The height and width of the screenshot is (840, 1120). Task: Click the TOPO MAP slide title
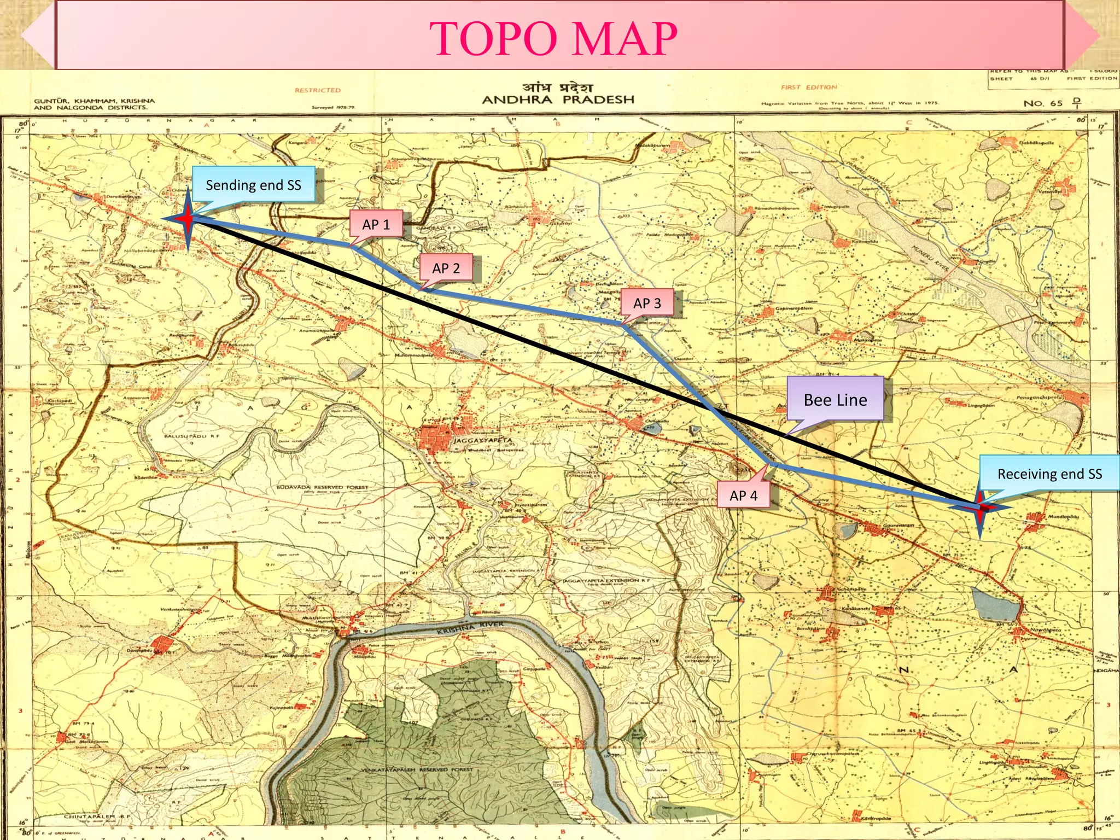[553, 38]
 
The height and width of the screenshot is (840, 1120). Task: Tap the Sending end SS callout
[253, 185]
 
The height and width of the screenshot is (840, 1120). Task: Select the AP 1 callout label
[376, 224]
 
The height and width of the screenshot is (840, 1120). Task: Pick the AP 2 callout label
[446, 268]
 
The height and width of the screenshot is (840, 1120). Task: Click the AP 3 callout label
[647, 303]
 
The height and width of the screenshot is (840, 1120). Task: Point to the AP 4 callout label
[743, 495]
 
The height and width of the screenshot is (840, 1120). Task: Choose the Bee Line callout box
[835, 400]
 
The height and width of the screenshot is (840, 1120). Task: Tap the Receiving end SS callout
[1049, 474]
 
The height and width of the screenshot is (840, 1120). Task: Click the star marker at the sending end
[188, 219]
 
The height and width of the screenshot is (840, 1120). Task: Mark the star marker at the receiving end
[980, 507]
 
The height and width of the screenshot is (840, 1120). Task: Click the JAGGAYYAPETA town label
[483, 440]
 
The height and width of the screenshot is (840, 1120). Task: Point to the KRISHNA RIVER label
[470, 628]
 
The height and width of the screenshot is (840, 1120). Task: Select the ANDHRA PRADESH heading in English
[558, 100]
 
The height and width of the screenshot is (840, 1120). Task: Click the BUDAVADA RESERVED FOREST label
[322, 487]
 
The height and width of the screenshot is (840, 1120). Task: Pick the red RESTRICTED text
[318, 90]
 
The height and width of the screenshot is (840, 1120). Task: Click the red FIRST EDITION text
[809, 87]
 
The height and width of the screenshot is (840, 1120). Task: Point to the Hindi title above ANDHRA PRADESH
[557, 86]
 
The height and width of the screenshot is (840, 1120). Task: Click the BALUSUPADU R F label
[191, 436]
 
